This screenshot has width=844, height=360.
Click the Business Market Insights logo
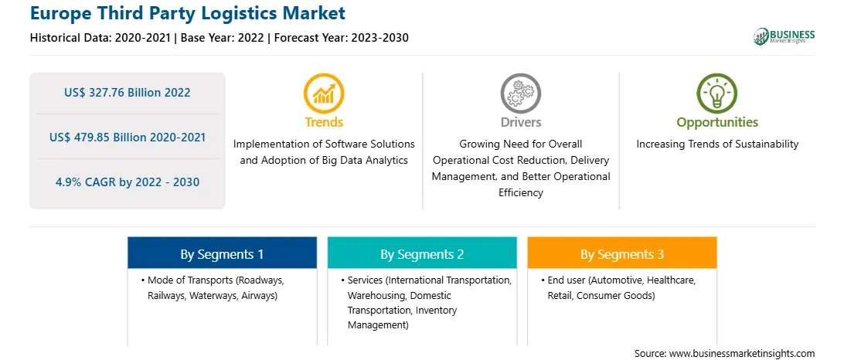(x=784, y=36)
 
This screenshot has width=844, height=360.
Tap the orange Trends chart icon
(x=324, y=93)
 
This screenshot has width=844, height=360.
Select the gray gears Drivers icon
(x=520, y=93)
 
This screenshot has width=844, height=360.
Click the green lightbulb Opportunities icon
(x=717, y=93)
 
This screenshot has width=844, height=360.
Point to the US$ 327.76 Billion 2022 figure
(x=127, y=93)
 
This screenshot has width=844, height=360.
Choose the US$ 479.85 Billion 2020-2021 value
(x=128, y=138)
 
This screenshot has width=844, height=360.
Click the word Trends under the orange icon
(x=324, y=122)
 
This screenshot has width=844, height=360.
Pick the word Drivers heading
(x=520, y=122)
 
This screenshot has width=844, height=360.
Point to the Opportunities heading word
(x=717, y=122)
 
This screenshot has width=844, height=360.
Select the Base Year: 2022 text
(x=223, y=38)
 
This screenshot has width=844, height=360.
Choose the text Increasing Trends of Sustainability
(x=717, y=144)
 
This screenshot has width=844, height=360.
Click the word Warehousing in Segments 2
(x=373, y=295)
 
